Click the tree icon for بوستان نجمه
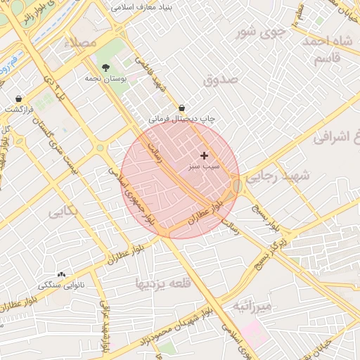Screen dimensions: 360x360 click(x=105, y=67)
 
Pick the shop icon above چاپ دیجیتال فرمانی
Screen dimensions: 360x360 click(x=182, y=108)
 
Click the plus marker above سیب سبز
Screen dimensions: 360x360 click(x=205, y=155)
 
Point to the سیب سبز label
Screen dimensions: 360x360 click(x=204, y=167)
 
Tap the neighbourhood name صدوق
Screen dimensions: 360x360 click(x=221, y=80)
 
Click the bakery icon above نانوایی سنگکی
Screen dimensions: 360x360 click(x=61, y=274)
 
